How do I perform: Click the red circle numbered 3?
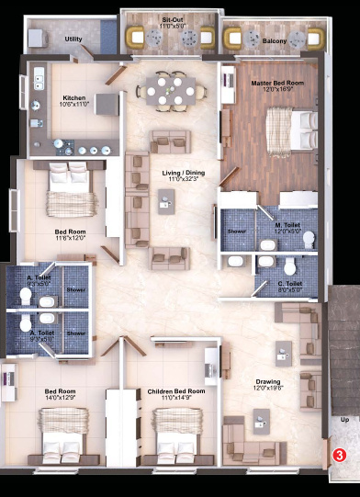pyautogui.click(x=339, y=454)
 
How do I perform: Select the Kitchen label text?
pyautogui.click(x=74, y=96)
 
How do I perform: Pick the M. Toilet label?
pyautogui.click(x=289, y=224)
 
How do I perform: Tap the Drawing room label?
pyautogui.click(x=268, y=381)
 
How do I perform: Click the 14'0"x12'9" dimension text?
pyautogui.click(x=59, y=398)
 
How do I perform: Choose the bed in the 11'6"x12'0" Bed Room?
pyautogui.click(x=68, y=187)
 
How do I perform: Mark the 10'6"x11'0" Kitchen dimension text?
pyautogui.click(x=74, y=104)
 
